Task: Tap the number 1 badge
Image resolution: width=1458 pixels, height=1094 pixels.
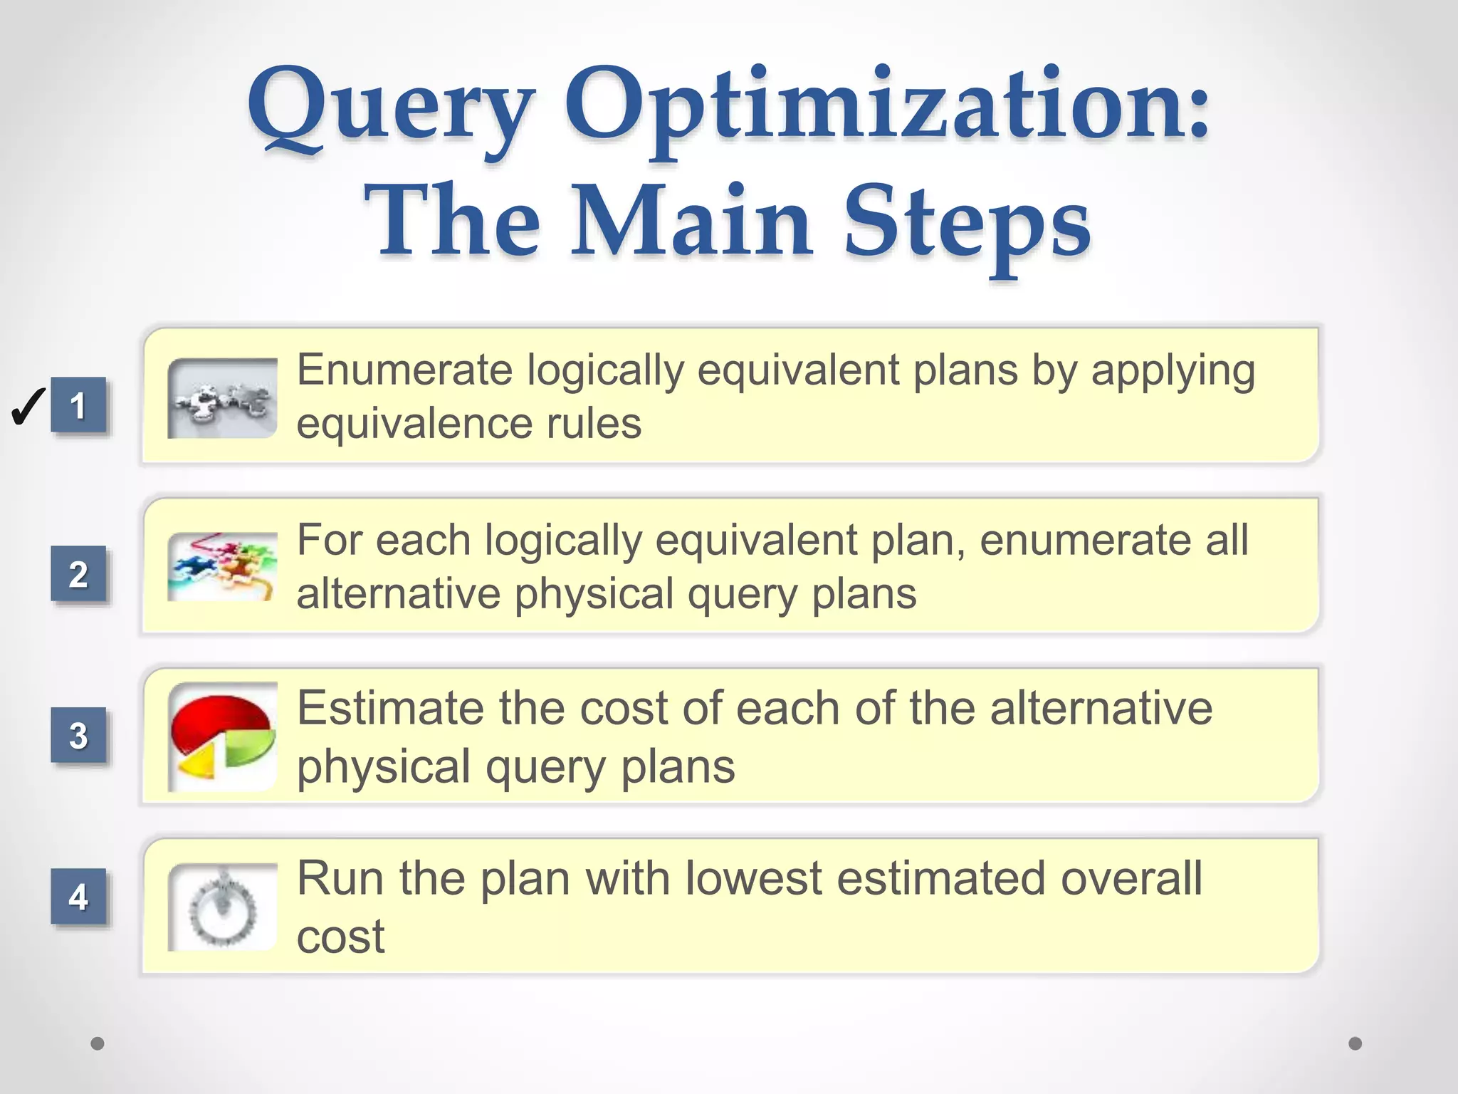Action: coord(78,405)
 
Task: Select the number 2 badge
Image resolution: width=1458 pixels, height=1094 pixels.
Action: coord(78,573)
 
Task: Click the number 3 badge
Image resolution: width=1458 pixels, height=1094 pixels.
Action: coord(78,735)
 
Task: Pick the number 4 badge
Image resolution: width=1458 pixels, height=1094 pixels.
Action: coord(78,896)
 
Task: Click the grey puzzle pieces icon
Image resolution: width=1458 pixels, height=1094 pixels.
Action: coord(223,398)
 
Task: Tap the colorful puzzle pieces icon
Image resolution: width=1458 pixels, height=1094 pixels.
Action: coord(223,567)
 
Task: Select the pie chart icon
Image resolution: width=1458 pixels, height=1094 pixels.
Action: coord(223,736)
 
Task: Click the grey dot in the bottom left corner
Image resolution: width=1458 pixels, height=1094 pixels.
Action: coord(98,1043)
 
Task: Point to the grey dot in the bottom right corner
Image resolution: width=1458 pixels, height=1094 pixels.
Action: coord(1355,1043)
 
